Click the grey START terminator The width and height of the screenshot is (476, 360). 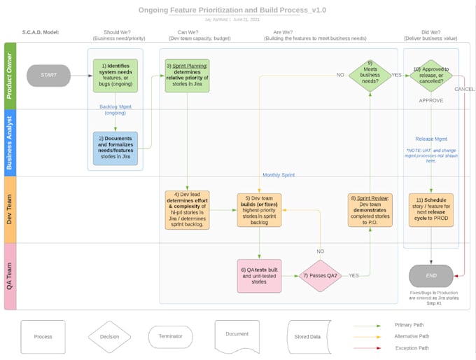pyautogui.click(x=48, y=76)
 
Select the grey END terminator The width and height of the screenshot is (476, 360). pyautogui.click(x=430, y=275)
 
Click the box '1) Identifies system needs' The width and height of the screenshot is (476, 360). pyautogui.click(x=115, y=76)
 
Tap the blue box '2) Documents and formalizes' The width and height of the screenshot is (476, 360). pyautogui.click(x=115, y=148)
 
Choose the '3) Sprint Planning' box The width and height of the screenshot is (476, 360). pyautogui.click(x=187, y=76)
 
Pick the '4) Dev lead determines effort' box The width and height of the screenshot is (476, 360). pyautogui.click(x=187, y=210)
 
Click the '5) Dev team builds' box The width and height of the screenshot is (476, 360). pyautogui.click(x=259, y=210)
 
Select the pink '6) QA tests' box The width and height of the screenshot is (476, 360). pyautogui.click(x=259, y=276)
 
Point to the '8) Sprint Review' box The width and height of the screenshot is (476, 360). pyautogui.click(x=370, y=210)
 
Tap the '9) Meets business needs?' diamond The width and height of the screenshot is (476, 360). pyautogui.click(x=370, y=76)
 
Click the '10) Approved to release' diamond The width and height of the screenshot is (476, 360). pyautogui.click(x=431, y=76)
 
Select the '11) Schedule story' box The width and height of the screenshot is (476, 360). pyautogui.click(x=431, y=210)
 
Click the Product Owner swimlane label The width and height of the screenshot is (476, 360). pyautogui.click(x=10, y=76)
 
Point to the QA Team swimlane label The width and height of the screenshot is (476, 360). pyautogui.click(x=10, y=276)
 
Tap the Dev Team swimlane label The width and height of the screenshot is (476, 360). pyautogui.click(x=10, y=210)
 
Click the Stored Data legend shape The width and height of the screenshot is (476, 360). pyautogui.click(x=307, y=337)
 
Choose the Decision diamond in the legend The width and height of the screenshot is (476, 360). pyautogui.click(x=109, y=337)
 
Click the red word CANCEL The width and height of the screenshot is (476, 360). pyautogui.click(x=464, y=89)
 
